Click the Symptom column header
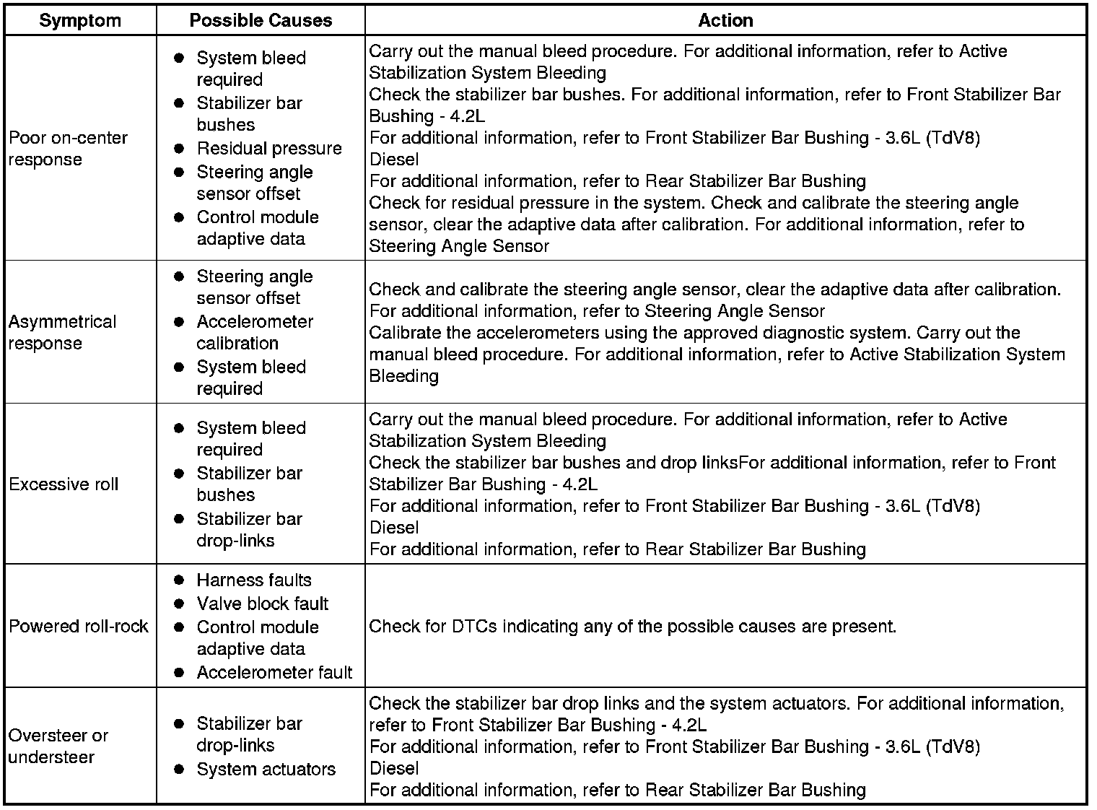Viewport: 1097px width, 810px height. [x=80, y=20]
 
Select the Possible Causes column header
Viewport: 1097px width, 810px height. [x=261, y=20]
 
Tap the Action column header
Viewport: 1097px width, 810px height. [x=725, y=20]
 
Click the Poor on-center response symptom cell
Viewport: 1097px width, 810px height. [x=68, y=148]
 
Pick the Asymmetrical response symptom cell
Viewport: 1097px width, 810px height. [x=62, y=332]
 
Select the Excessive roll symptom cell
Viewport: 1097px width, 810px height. [x=64, y=484]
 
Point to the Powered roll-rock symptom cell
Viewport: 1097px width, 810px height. [x=78, y=626]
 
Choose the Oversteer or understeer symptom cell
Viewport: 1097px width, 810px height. [x=58, y=746]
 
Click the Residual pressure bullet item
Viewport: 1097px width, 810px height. [x=268, y=148]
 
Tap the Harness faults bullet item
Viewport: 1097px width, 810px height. [x=253, y=580]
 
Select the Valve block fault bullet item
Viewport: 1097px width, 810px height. [x=262, y=604]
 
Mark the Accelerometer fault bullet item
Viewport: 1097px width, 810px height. [x=274, y=673]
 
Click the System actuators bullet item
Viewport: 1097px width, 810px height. [x=266, y=769]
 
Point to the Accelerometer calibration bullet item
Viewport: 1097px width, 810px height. [x=254, y=332]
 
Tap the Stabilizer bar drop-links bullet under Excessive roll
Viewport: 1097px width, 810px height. [x=249, y=529]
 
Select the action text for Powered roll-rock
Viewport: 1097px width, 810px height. [x=632, y=626]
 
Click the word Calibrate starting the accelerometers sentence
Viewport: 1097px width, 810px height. [x=401, y=333]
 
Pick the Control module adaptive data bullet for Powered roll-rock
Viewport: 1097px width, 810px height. [x=257, y=637]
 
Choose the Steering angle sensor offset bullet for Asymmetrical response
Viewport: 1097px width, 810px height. [x=254, y=287]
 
